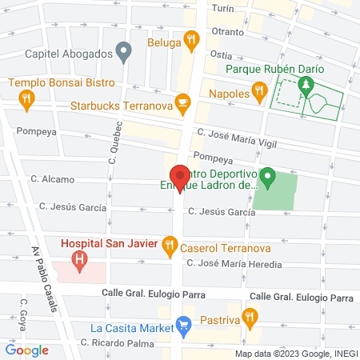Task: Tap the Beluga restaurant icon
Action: coord(190,39)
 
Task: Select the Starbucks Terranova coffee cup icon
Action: coord(183,103)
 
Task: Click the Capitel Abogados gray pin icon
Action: coord(123,54)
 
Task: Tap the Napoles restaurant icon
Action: coord(258,94)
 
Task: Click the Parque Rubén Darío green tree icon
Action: coord(304,85)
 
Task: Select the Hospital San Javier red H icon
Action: coord(79,259)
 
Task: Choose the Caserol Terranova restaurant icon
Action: coord(169,246)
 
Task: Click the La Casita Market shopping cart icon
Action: coord(183,327)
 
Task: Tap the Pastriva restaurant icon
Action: coord(250,318)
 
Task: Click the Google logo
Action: coord(26,350)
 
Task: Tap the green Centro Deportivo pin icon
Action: coord(269,176)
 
